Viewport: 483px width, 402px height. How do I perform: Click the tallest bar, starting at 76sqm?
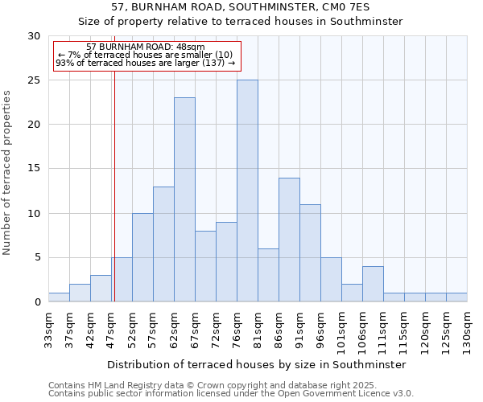click(247, 191)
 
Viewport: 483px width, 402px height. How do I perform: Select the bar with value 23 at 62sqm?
click(184, 199)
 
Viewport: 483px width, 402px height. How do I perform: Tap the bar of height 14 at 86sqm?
click(289, 240)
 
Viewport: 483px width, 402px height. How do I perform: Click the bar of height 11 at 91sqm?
click(310, 253)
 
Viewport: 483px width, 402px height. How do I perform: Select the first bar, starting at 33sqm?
click(59, 297)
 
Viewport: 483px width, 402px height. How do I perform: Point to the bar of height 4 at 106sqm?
click(373, 284)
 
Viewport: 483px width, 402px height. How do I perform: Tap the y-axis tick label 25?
click(34, 80)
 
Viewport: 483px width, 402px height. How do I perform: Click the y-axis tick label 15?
click(34, 169)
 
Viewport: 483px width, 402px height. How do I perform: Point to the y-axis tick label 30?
click(34, 36)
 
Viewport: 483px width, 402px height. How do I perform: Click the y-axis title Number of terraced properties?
click(7, 172)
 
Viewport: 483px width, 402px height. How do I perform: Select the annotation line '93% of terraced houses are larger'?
click(146, 63)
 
